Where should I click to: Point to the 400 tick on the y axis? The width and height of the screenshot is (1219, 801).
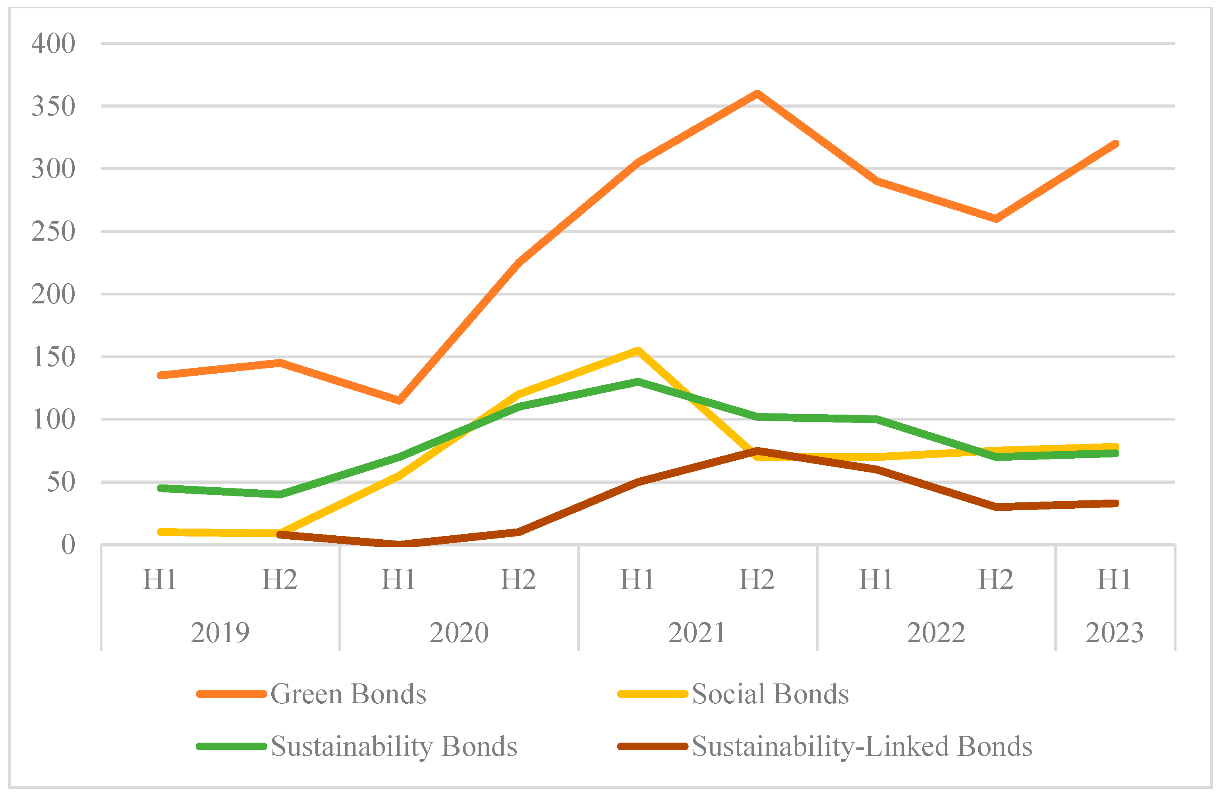coord(53,44)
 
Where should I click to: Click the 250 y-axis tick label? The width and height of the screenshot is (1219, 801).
coord(53,232)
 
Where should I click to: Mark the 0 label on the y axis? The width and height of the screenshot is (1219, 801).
coord(68,545)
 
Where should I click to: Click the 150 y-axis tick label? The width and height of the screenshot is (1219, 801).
coord(53,357)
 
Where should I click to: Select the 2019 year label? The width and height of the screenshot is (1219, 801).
coord(220,633)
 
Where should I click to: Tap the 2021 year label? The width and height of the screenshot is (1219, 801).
coord(697,633)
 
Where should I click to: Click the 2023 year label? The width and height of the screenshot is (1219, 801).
coord(1115,633)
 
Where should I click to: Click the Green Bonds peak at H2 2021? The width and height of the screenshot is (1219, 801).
coord(757,93)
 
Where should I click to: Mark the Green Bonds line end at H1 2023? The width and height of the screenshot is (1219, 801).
coord(1115,144)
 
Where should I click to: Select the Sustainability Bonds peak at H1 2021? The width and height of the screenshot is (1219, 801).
coord(638,382)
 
